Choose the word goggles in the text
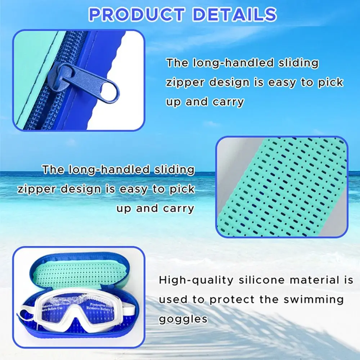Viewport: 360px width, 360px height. [x=183, y=319]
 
